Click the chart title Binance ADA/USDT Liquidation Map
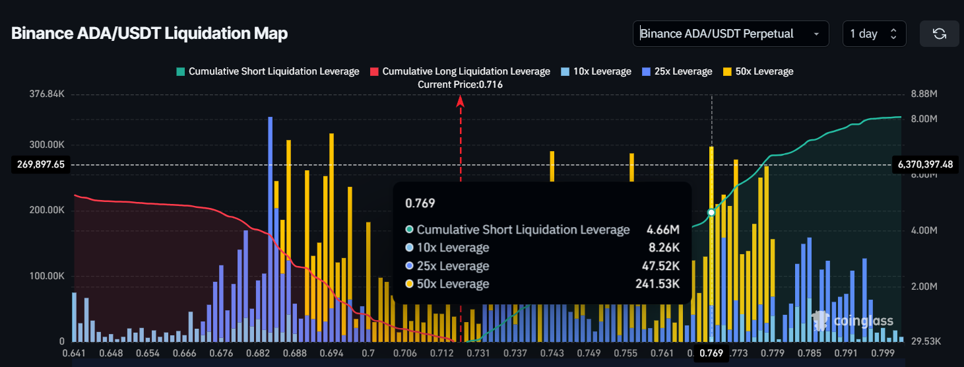click(149, 34)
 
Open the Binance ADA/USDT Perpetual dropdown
click(730, 34)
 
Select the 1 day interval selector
click(874, 34)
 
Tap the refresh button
click(939, 34)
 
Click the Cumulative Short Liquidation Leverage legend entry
click(267, 71)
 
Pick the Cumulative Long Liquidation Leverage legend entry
click(460, 71)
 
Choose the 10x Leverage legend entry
click(596, 71)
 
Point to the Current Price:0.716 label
click(460, 84)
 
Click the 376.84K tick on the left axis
click(48, 94)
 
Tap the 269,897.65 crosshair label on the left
click(38, 164)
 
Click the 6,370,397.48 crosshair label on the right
click(925, 164)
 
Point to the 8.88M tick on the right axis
click(923, 94)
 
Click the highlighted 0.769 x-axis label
click(712, 353)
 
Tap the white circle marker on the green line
click(711, 213)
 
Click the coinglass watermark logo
click(852, 321)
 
